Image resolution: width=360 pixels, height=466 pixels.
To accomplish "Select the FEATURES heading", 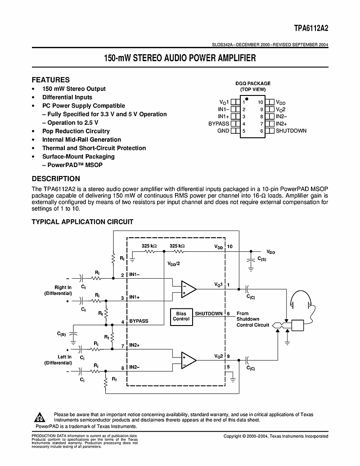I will (50, 80).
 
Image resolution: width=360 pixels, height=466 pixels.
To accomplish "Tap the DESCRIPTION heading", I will (55, 179).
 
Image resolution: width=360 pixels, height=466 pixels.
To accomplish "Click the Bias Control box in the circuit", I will (181, 316).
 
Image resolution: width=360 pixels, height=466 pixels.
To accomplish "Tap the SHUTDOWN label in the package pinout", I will (291, 131).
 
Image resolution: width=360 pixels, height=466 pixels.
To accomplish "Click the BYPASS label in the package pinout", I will (219, 123).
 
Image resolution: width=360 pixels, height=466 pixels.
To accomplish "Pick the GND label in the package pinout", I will (223, 131).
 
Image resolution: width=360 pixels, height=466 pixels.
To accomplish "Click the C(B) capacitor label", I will (61, 334).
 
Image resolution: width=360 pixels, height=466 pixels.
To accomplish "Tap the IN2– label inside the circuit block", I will (135, 367).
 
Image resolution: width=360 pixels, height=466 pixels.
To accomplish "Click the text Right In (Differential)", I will (58, 290).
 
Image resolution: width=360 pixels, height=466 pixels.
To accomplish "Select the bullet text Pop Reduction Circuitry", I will (76, 131).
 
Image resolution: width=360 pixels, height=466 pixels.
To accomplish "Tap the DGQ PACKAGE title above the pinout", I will (253, 83).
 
